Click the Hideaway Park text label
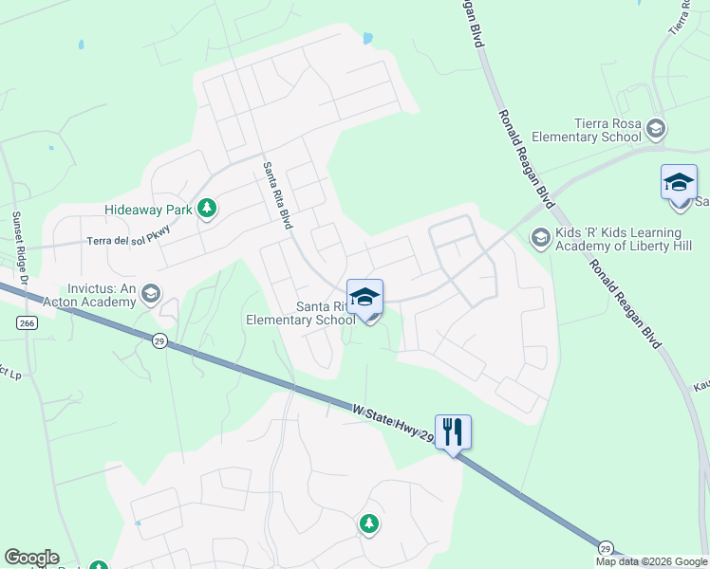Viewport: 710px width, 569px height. (x=147, y=210)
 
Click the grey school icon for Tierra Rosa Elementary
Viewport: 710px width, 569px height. (x=655, y=128)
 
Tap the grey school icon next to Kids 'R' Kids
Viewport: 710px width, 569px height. (x=540, y=237)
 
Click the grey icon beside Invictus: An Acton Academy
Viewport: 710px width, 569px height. (x=149, y=295)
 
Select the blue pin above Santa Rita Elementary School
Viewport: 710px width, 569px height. (x=364, y=299)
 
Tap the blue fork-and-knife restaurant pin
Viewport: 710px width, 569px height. (x=454, y=432)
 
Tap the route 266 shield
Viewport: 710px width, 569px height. (x=27, y=323)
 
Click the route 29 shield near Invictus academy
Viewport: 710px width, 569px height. (x=160, y=340)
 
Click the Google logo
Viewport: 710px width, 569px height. (x=31, y=558)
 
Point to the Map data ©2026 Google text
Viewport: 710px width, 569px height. (x=652, y=561)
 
